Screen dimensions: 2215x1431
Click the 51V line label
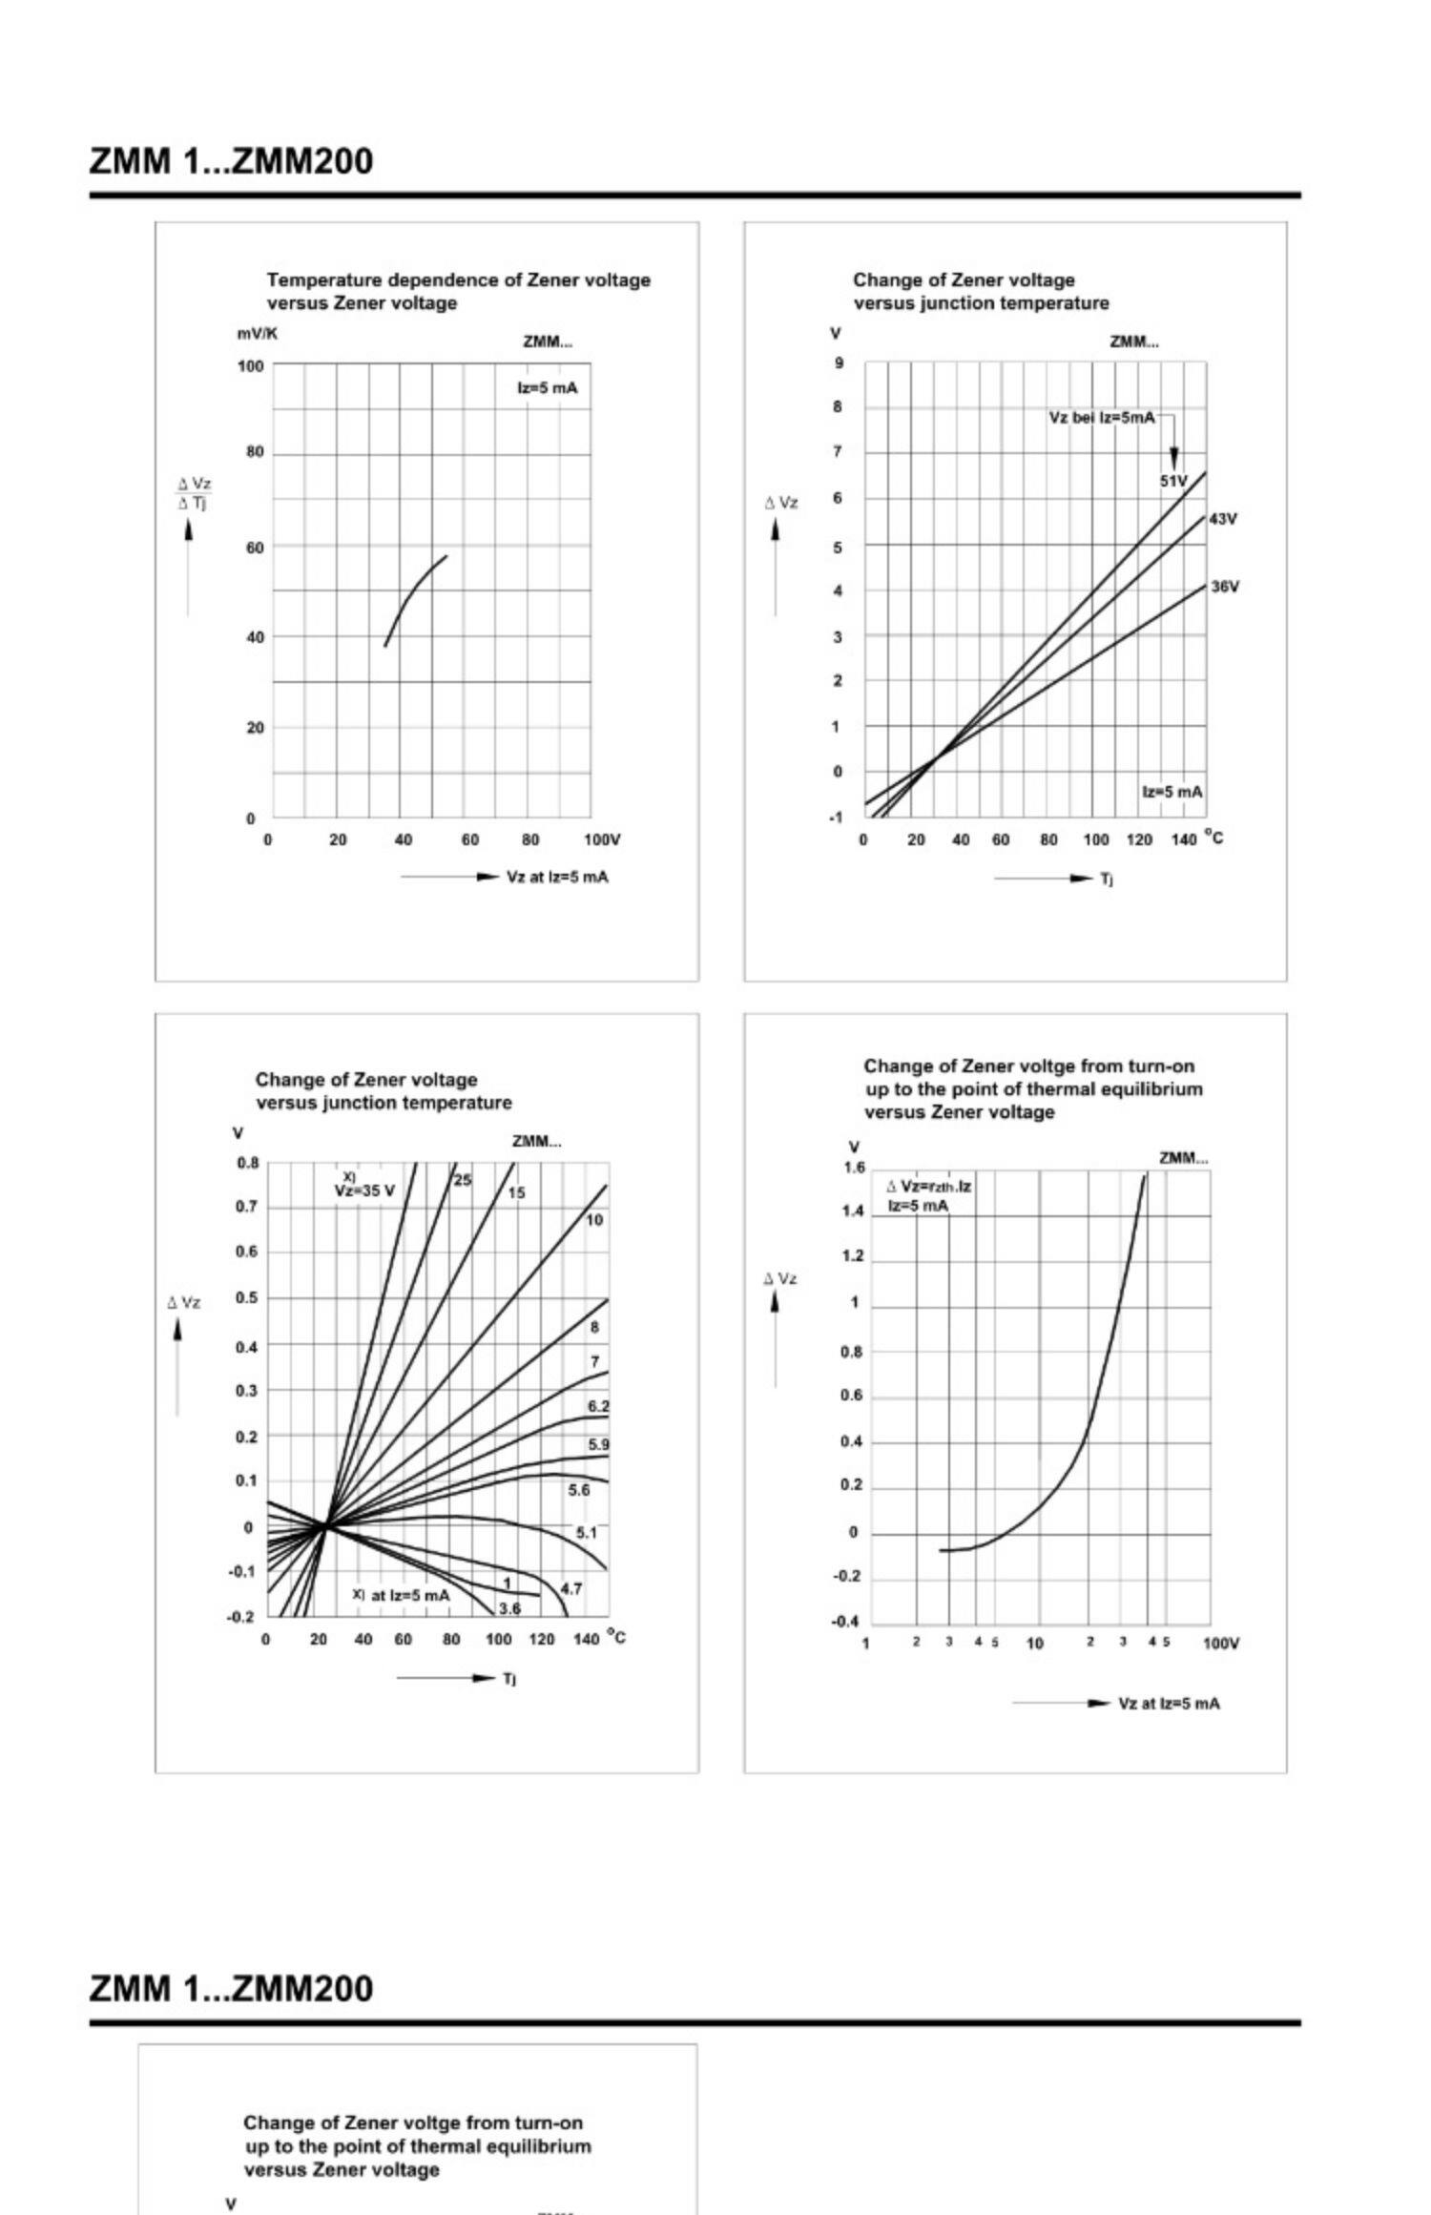1172,481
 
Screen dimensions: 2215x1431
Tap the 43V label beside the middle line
1222,519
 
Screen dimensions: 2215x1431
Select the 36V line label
1224,587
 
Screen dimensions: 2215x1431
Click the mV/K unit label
258,334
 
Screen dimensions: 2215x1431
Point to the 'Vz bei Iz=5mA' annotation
1101,418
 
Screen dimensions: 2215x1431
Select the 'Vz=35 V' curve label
363,1190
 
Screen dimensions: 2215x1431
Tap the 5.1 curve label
586,1533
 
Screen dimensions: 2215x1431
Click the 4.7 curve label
570,1588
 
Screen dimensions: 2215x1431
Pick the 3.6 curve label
510,1608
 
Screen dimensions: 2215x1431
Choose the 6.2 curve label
598,1406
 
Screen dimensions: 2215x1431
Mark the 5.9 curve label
598,1444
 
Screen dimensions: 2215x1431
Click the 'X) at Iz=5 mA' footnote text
401,1594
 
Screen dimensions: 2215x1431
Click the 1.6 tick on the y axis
854,1168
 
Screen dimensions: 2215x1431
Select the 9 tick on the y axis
840,363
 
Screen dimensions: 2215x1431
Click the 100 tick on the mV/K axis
250,365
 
